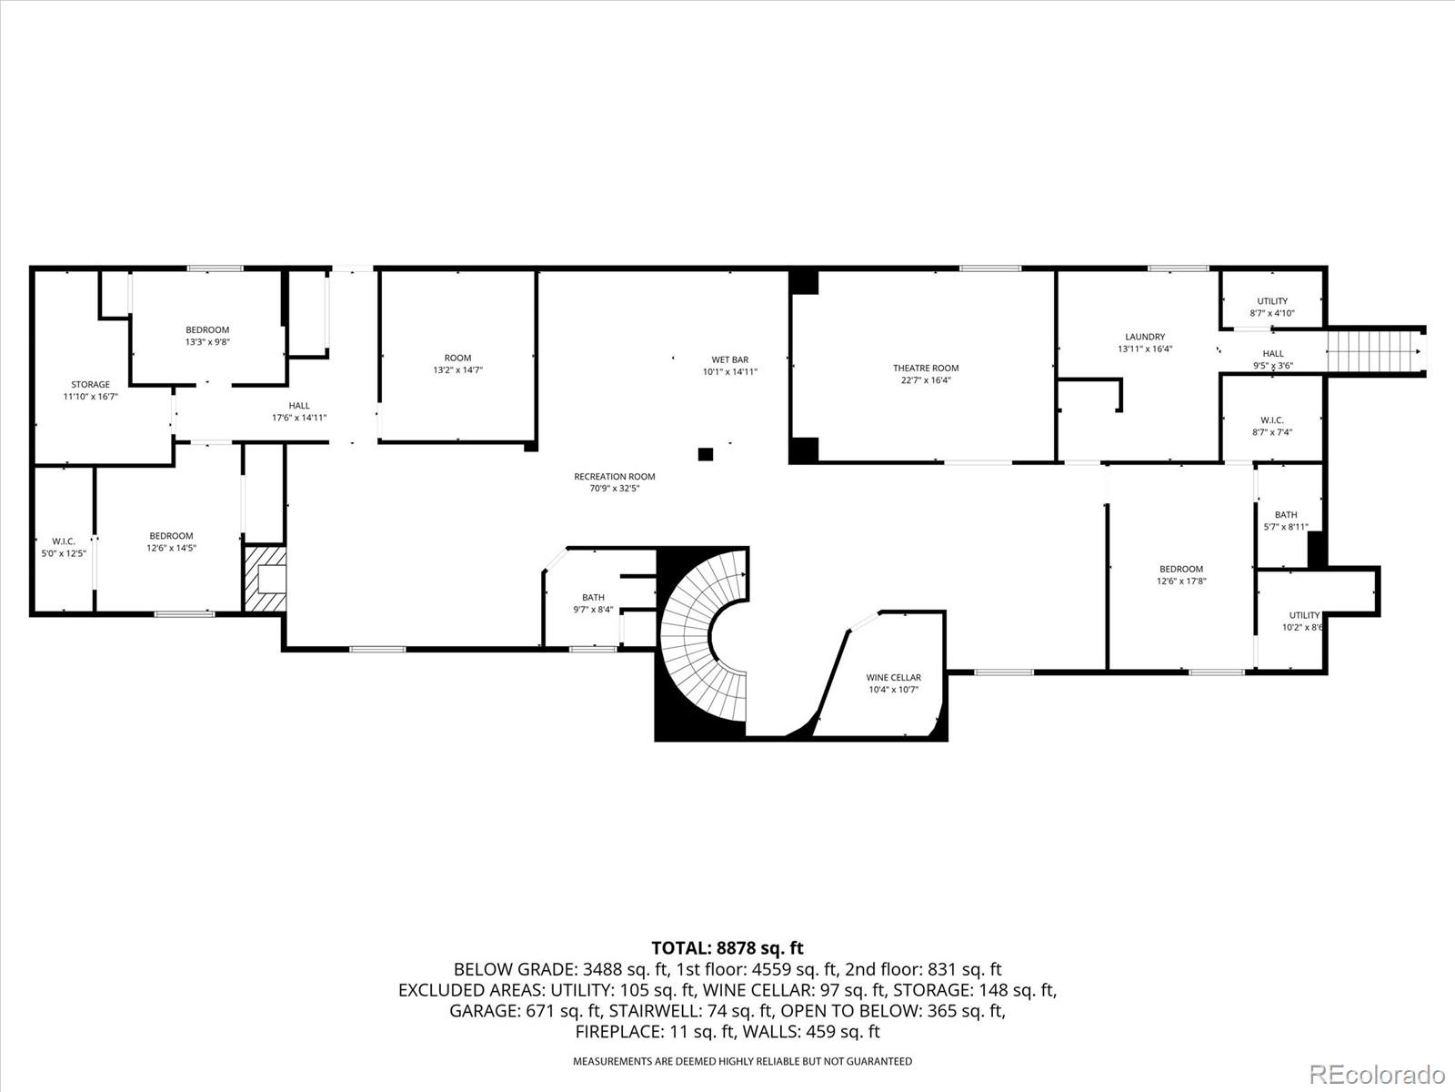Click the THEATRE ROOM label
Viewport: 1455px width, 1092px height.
coord(926,368)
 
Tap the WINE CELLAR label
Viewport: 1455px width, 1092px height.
coord(893,678)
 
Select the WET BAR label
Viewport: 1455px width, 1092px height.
coord(730,360)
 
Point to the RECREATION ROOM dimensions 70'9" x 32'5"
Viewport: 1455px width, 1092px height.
coord(615,489)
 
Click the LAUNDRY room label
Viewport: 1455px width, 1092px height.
coord(1145,337)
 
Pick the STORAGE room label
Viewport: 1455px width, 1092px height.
coord(91,385)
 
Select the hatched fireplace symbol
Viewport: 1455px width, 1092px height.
coord(266,578)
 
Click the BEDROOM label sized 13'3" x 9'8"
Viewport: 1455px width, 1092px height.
coord(207,330)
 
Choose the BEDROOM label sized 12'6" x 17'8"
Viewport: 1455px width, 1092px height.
coord(1181,570)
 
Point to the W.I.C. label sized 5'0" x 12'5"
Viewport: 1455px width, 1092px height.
coord(64,541)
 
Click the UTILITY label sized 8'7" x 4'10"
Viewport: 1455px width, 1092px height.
coord(1272,301)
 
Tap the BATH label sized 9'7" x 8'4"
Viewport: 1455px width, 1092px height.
coord(593,597)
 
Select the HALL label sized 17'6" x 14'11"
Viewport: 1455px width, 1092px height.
coord(299,406)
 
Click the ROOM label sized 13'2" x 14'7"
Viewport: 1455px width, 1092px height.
coord(458,358)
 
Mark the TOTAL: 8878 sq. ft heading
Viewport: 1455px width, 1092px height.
coord(727,948)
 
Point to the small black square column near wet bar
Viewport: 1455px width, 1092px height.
coord(706,454)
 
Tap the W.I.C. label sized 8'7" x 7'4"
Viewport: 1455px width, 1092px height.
coord(1272,420)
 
